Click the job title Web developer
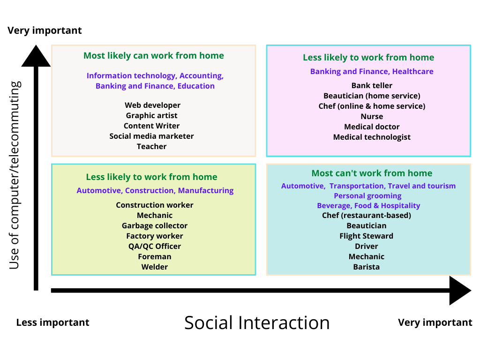152,105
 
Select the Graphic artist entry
151,115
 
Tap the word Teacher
151,146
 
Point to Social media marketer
151,136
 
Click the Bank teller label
372,85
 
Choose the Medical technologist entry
372,137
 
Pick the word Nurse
372,116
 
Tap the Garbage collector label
155,225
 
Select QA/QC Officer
155,246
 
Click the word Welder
155,267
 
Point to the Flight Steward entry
367,236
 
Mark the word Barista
367,267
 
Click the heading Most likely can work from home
154,55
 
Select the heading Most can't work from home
372,173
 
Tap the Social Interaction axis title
257,322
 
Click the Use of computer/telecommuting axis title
15,175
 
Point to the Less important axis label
52,322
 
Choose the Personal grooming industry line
367,196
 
